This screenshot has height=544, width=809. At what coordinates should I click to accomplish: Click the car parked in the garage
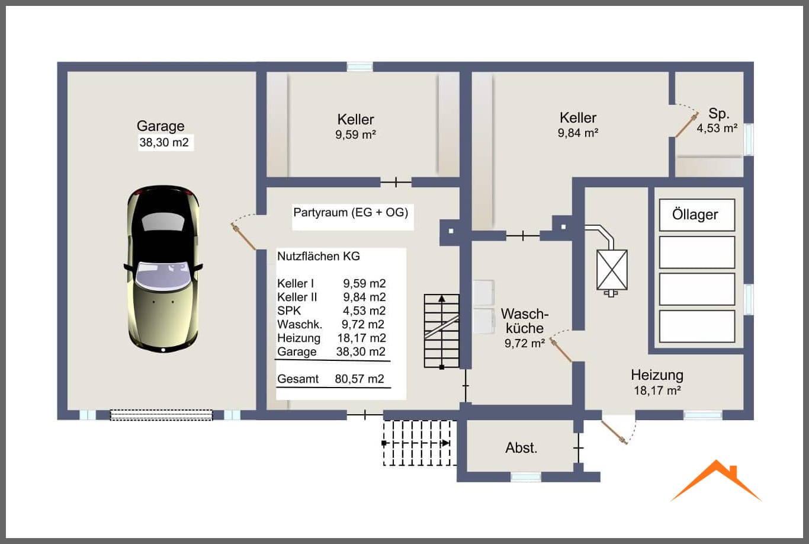click(163, 269)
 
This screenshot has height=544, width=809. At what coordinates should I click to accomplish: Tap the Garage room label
click(160, 126)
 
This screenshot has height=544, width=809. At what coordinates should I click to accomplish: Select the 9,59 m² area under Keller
click(356, 135)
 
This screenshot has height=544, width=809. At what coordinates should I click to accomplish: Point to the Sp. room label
click(719, 114)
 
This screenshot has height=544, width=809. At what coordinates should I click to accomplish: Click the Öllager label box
click(697, 215)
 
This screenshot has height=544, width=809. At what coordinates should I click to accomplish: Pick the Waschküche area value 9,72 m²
click(525, 343)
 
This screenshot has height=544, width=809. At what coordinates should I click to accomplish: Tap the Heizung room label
click(657, 375)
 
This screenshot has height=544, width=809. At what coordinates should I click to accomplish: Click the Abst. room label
click(521, 448)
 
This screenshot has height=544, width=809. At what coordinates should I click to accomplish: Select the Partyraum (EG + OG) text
click(351, 213)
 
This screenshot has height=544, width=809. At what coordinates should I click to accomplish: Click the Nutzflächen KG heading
click(319, 256)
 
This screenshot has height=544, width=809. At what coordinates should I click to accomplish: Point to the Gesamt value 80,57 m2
click(359, 379)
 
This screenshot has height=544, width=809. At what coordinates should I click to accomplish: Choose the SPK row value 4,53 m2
click(364, 311)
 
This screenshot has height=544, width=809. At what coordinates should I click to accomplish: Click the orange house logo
click(716, 481)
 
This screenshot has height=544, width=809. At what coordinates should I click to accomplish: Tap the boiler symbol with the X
click(612, 270)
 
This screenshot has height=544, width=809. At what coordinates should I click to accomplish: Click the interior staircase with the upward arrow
click(442, 331)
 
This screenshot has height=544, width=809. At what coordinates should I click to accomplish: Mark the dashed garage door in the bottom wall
click(162, 415)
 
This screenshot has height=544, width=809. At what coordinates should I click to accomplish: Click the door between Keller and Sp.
click(687, 124)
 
